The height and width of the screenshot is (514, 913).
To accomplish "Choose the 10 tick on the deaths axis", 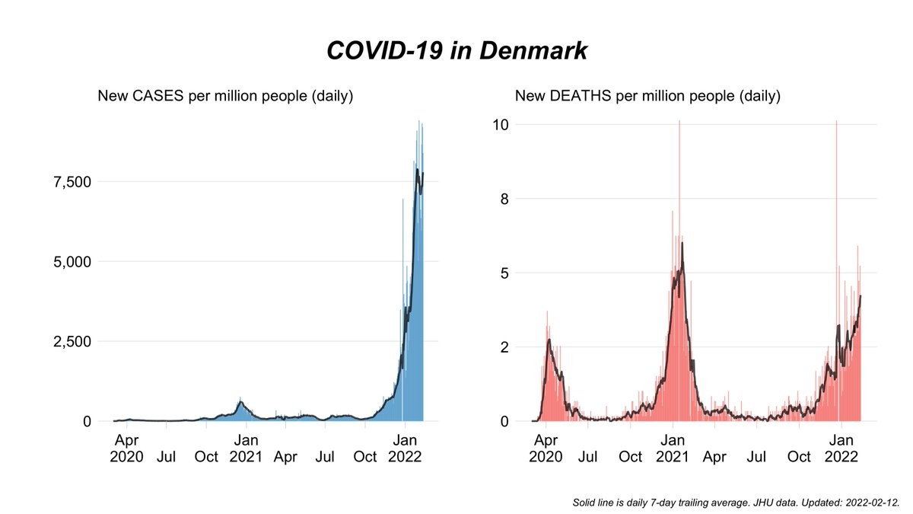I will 499,124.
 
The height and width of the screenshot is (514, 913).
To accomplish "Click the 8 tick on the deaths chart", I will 503,199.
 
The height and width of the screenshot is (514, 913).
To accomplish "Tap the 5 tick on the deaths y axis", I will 503,273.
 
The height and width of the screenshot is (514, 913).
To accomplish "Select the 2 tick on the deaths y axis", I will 503,347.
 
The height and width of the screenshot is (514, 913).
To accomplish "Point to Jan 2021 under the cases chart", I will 246,449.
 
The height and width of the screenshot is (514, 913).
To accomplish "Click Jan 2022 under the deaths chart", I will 841,449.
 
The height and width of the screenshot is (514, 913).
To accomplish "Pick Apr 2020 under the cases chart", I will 126,449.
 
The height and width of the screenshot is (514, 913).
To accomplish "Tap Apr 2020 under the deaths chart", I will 546,449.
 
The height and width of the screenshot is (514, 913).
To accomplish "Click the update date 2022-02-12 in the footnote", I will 873,503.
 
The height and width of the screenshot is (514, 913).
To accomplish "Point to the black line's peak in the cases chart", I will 417,170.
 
